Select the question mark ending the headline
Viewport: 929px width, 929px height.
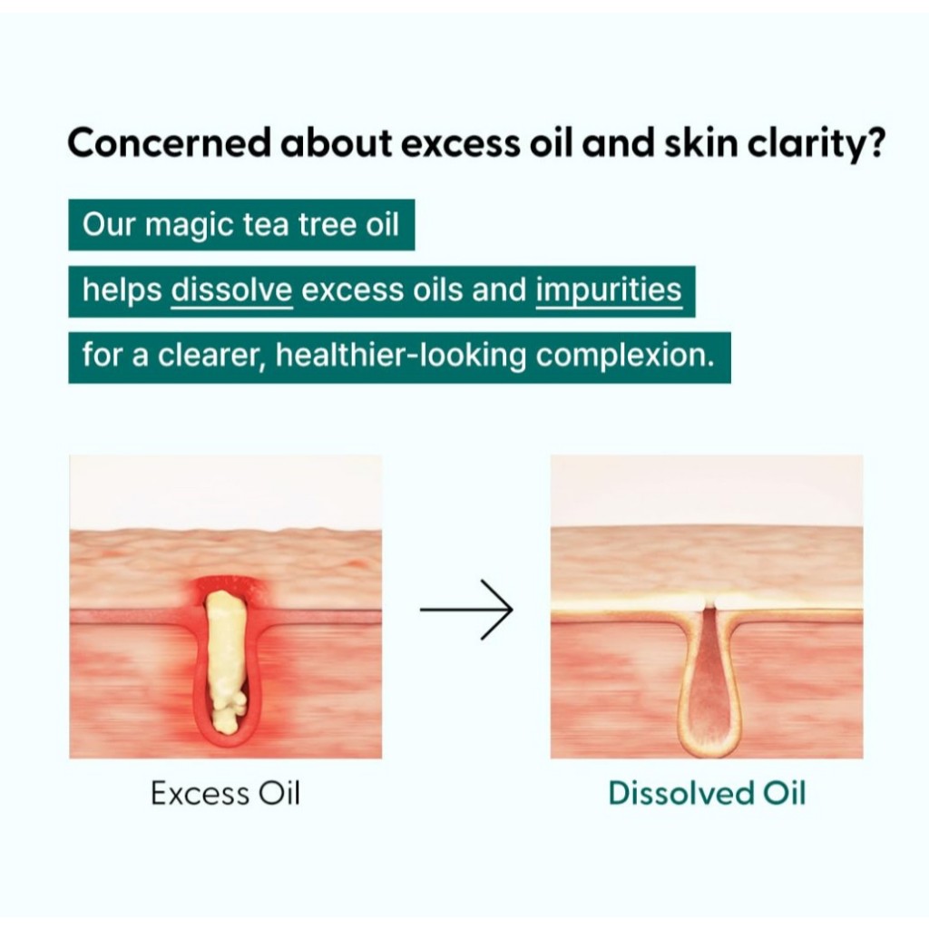click(873, 142)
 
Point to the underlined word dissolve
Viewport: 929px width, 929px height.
click(231, 290)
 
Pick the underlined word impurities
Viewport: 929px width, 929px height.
click(609, 291)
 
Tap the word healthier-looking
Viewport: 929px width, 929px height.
click(400, 356)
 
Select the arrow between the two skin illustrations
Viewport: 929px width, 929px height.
click(466, 610)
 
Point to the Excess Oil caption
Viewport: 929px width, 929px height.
click(225, 793)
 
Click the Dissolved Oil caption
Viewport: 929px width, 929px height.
click(707, 793)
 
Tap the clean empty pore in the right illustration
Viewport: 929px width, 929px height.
click(709, 681)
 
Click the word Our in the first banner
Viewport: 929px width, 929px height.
click(109, 225)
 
